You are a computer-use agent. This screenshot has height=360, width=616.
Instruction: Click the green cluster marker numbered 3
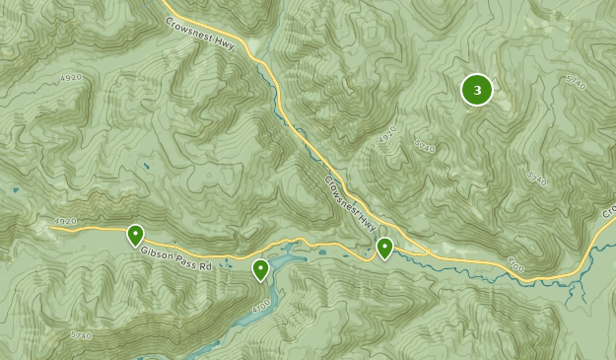click(477, 90)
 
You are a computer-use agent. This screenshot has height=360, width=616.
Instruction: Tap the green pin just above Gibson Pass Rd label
click(135, 235)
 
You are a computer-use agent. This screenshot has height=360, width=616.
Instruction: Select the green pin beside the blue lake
click(260, 268)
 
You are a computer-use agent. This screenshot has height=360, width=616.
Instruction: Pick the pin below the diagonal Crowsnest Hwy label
click(384, 248)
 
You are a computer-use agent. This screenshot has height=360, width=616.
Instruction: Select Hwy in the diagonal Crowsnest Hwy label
click(367, 215)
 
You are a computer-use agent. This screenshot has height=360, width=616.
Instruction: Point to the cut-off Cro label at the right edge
click(607, 212)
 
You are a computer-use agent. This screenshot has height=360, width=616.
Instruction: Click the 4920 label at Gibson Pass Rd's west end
click(65, 222)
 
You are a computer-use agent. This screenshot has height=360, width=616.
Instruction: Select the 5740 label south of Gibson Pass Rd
click(81, 335)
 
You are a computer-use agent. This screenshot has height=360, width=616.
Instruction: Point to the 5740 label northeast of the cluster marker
click(576, 84)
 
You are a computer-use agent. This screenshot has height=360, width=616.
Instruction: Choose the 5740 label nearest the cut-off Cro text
click(536, 179)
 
